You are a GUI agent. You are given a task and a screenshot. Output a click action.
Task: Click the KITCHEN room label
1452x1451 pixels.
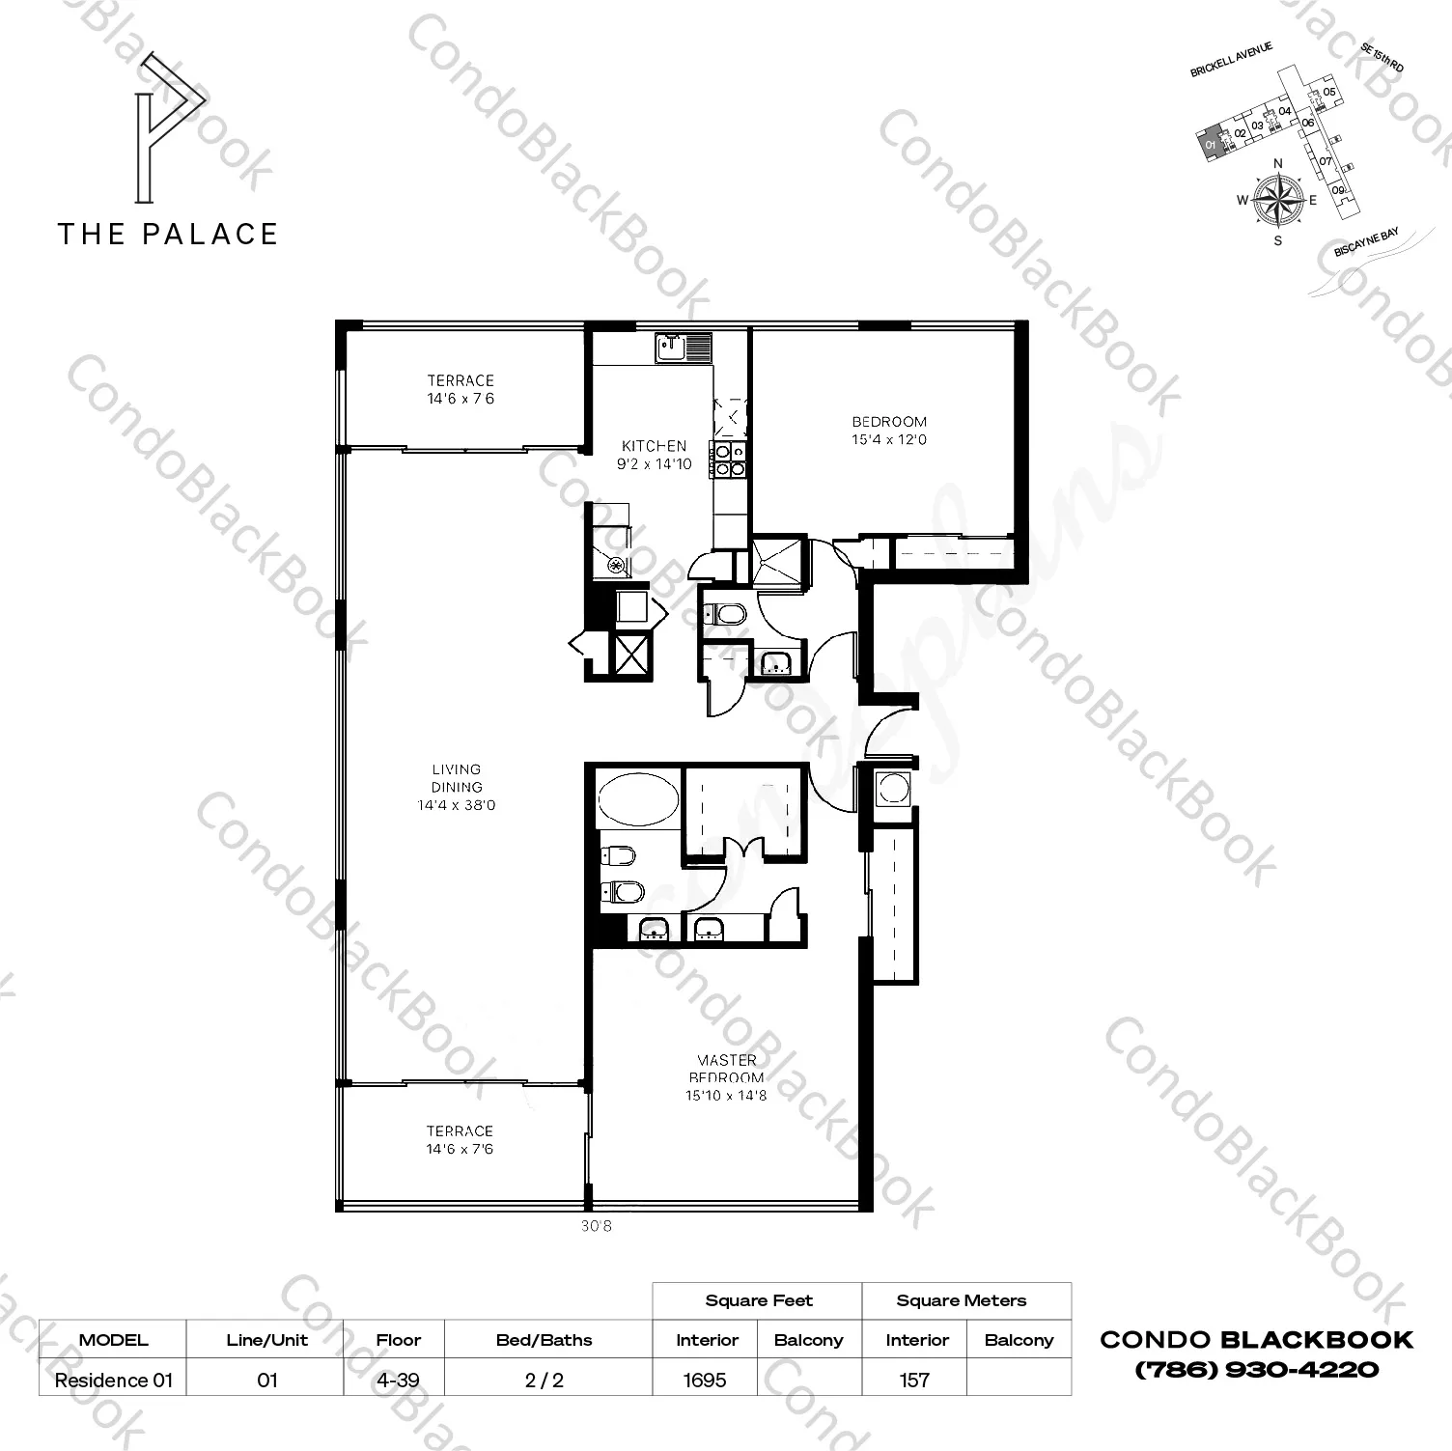click(654, 455)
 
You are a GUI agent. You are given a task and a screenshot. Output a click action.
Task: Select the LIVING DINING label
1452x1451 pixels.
click(457, 787)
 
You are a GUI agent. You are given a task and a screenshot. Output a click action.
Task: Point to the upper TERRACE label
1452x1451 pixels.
click(461, 389)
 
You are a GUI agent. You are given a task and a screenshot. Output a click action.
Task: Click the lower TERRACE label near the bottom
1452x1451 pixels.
click(460, 1139)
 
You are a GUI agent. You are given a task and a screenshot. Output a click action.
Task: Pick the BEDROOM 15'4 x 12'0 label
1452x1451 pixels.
click(889, 431)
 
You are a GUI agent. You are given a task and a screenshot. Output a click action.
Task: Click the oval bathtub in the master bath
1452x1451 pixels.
click(638, 798)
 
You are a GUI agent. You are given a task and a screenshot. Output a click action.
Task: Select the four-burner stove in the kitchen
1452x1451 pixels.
click(729, 460)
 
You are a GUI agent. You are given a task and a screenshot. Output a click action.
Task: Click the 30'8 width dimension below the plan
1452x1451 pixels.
click(597, 1226)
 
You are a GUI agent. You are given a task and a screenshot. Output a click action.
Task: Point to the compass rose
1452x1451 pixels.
click(1277, 200)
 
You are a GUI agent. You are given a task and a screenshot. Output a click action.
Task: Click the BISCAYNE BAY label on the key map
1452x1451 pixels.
click(1366, 242)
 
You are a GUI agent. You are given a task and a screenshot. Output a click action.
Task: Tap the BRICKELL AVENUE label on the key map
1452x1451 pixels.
click(1231, 60)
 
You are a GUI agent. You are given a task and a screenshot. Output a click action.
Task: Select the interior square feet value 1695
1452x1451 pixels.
click(705, 1380)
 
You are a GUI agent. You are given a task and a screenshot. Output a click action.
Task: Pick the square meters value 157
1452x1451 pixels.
click(914, 1380)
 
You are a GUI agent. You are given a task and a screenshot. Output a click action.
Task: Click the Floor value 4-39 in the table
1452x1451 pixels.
click(398, 1380)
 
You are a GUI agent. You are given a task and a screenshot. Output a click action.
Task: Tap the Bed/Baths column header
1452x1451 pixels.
click(544, 1340)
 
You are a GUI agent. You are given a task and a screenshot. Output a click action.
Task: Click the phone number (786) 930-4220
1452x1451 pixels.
click(1256, 1369)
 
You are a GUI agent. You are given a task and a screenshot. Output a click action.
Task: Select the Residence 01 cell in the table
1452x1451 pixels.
click(113, 1380)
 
